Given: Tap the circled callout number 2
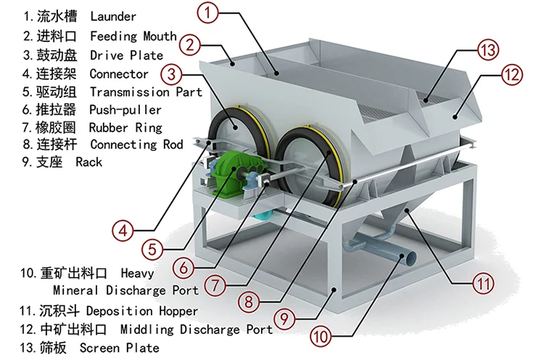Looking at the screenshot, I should coord(190,45).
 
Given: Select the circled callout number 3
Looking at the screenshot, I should coord(171,74).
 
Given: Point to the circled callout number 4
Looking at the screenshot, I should coord(124,232).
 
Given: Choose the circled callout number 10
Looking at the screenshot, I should coord(321,337).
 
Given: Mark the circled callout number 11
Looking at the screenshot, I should coord(482,282).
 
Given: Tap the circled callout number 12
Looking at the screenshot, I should coord(511,74).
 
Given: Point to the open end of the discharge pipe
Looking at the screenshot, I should coord(411,257).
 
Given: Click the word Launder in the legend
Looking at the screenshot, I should coord(112,16).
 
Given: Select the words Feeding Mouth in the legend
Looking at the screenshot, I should coord(133,36).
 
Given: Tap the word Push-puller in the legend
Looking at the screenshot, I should coord(125,110).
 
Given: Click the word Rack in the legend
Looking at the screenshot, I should coord(88,162).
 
